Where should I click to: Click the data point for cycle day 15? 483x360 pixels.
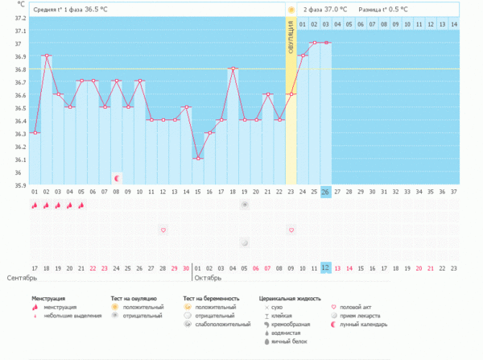coord(198,158)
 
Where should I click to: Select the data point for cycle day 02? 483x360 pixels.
coord(47,56)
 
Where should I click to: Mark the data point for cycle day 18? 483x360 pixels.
coord(233,68)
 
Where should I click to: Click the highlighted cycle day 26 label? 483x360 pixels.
coord(325,192)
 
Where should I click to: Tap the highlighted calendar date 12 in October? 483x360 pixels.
coord(325,267)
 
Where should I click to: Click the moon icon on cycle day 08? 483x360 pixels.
coord(117,177)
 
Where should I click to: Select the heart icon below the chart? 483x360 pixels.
coord(163,230)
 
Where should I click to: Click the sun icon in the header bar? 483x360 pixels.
coord(291,10)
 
